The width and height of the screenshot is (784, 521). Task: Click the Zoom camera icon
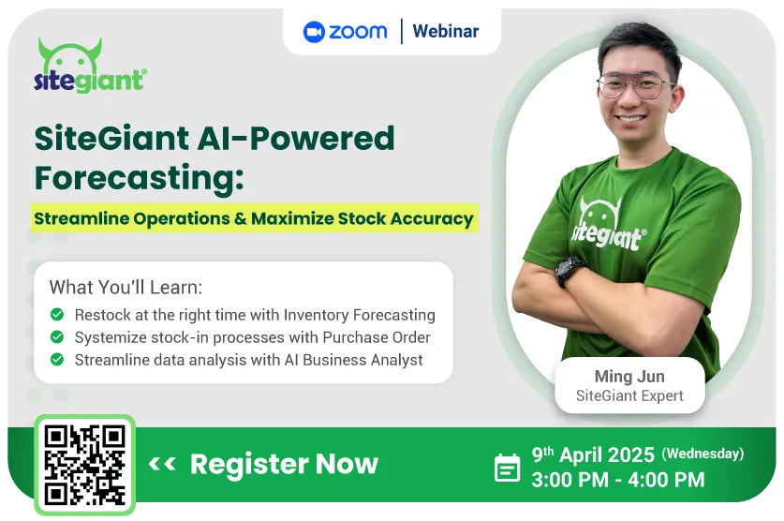click(314, 32)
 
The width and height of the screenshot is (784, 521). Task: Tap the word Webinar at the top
click(446, 31)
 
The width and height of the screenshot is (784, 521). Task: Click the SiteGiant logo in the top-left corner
click(91, 66)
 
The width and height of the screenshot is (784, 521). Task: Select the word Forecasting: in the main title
click(140, 178)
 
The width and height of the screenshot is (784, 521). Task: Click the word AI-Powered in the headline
click(296, 138)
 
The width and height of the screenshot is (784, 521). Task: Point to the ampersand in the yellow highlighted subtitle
click(241, 218)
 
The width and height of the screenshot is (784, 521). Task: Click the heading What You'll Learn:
click(126, 287)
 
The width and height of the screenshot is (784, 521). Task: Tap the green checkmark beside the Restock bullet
click(57, 315)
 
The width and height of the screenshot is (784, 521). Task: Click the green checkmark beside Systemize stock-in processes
click(57, 337)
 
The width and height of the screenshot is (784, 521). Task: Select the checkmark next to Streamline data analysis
click(57, 359)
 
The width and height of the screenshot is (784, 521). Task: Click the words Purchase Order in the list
click(377, 337)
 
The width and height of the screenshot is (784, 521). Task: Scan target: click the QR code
click(84, 465)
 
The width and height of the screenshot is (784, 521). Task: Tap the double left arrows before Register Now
click(162, 464)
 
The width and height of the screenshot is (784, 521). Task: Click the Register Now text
click(284, 464)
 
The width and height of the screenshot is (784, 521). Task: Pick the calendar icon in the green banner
click(507, 468)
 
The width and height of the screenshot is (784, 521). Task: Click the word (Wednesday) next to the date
click(703, 454)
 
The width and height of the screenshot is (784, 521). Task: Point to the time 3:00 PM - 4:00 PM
click(618, 480)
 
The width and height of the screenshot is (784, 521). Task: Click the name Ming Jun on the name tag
click(629, 376)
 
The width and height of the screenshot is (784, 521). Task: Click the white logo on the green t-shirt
click(608, 226)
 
